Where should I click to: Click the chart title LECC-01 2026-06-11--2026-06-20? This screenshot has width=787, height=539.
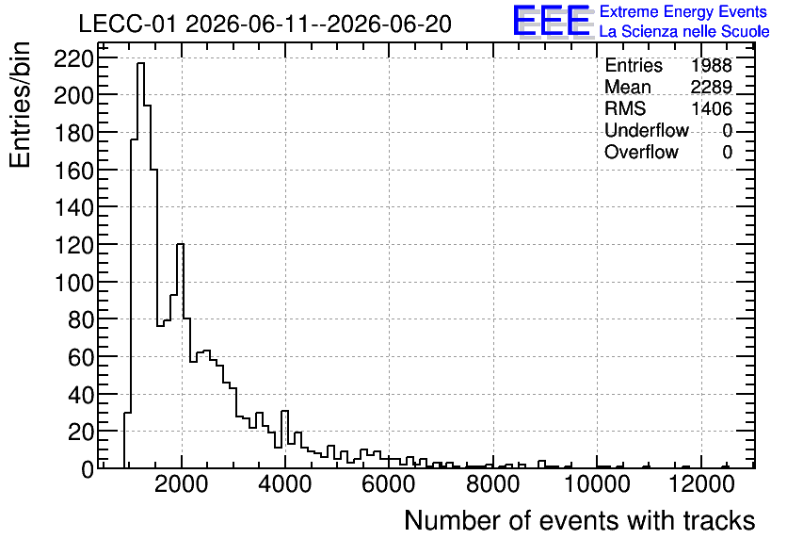tap(265, 24)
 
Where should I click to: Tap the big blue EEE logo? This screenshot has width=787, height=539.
tap(552, 21)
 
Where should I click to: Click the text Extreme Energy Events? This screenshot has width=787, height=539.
tap(683, 11)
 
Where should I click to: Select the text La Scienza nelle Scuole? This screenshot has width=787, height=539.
tap(684, 31)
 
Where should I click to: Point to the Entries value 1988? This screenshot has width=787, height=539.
tap(711, 65)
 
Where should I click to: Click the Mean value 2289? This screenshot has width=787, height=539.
tap(711, 87)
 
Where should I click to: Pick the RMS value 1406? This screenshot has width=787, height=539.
tap(711, 108)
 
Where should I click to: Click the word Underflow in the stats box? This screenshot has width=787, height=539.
tap(647, 130)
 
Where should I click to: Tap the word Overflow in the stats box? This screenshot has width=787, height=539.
tap(641, 152)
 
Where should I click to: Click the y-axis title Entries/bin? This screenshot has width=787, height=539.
tap(20, 106)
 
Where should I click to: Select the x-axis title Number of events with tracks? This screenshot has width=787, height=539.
tap(580, 520)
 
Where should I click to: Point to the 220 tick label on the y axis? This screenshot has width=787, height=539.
tap(73, 59)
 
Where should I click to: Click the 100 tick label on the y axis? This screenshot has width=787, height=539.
tap(73, 284)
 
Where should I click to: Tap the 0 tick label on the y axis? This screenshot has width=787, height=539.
tap(88, 470)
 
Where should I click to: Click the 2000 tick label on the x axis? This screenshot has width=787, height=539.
tap(181, 484)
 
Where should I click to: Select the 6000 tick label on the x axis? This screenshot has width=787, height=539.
tap(389, 484)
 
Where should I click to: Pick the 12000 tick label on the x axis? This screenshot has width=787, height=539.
tap(700, 484)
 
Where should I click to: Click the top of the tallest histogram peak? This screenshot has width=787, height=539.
tap(140, 63)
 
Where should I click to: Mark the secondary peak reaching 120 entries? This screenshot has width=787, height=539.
tap(180, 244)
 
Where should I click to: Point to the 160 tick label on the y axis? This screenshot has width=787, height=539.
tap(73, 171)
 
